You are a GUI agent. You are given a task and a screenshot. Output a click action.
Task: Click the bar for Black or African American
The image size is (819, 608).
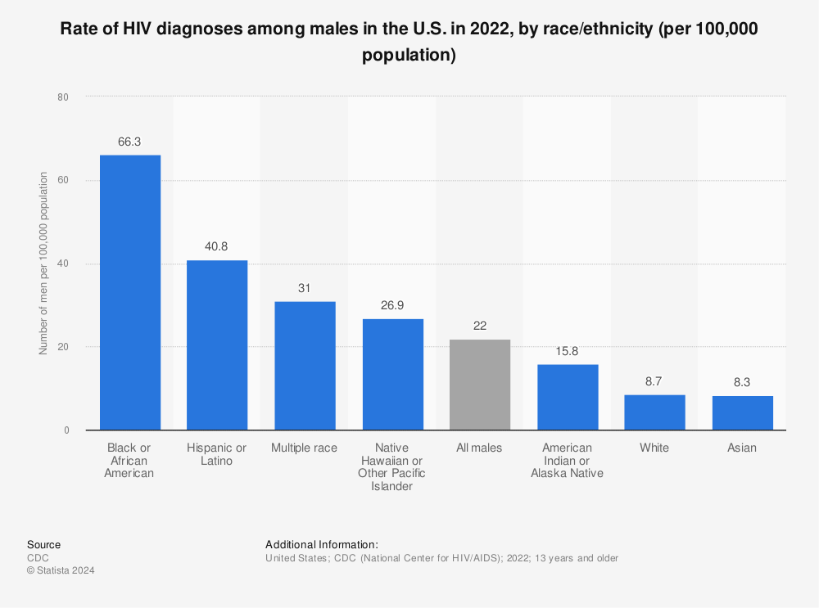pos(130,292)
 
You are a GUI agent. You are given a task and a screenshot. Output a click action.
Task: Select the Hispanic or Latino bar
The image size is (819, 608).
pos(217,345)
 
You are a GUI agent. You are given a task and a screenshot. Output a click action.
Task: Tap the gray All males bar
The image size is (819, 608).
pos(480,384)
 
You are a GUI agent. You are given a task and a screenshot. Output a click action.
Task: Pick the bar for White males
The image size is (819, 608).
pos(654,412)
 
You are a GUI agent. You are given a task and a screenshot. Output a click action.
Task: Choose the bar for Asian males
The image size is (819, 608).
pos(742,413)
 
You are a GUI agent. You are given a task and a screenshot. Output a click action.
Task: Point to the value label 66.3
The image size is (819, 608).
pos(129,142)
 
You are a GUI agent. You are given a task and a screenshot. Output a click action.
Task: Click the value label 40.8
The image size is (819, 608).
pos(217,246)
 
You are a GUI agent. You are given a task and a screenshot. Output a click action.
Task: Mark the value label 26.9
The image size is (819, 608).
pos(392,304)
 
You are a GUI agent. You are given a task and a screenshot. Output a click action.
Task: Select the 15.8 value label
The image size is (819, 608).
pos(567,350)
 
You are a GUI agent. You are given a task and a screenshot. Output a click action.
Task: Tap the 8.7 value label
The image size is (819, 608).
pos(654,381)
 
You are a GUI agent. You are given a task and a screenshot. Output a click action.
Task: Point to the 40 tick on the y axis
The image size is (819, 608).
pos(63,263)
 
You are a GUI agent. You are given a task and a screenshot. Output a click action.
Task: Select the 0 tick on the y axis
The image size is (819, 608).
pos(66,430)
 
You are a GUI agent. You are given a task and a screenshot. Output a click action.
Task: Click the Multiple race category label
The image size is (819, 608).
pos(304,448)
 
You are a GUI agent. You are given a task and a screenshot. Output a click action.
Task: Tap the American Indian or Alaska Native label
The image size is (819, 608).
pos(567,460)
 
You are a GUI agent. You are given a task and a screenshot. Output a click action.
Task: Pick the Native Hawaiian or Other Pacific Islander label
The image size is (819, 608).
pos(392,466)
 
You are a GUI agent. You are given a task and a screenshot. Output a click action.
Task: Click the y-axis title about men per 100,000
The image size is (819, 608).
pos(43,263)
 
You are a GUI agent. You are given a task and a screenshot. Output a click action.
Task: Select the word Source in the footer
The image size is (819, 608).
pos(43,544)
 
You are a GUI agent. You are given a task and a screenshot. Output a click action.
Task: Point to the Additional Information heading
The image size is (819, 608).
pos(321,544)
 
